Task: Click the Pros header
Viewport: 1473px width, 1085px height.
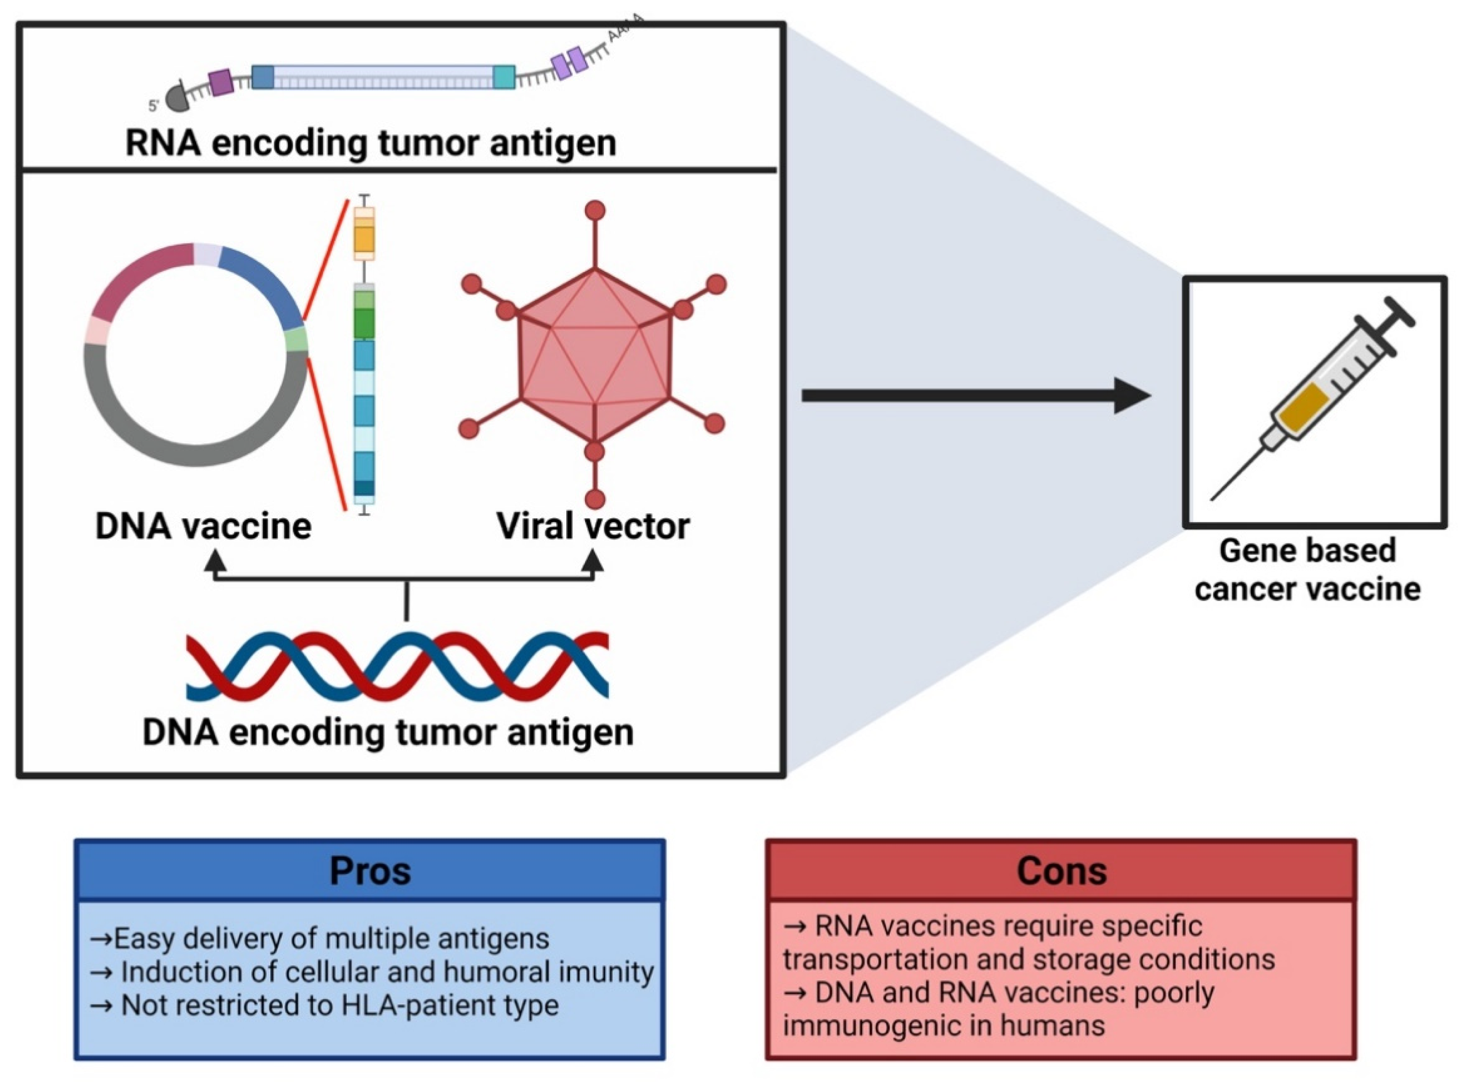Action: pyautogui.click(x=369, y=871)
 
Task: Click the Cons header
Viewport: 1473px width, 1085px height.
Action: pyautogui.click(x=1060, y=871)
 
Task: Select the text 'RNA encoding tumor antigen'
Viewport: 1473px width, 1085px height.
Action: pyautogui.click(x=371, y=143)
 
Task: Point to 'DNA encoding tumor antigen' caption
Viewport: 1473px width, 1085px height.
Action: pyautogui.click(x=388, y=732)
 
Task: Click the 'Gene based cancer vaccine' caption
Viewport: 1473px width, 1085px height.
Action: pyautogui.click(x=1307, y=569)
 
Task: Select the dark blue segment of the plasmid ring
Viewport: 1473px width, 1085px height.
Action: pyautogui.click(x=263, y=283)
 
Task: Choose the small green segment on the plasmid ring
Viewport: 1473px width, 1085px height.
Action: pyautogui.click(x=297, y=339)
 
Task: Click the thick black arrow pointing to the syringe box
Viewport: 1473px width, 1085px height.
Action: pyautogui.click(x=972, y=395)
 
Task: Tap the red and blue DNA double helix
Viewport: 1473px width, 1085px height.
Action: pyautogui.click(x=397, y=665)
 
